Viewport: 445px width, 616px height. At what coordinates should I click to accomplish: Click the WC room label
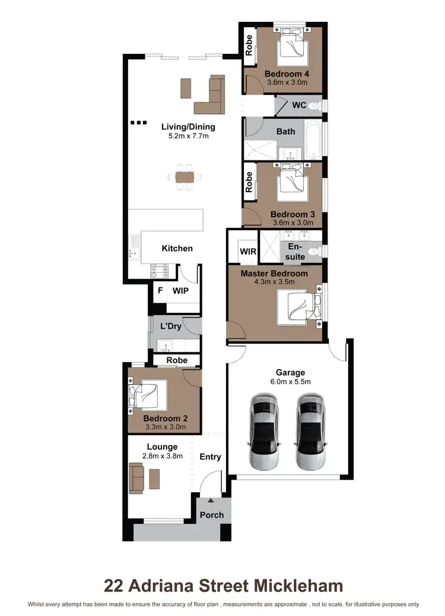300,105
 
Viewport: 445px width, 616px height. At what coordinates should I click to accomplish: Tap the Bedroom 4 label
287,74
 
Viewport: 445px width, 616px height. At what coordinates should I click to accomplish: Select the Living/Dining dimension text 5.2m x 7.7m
188,136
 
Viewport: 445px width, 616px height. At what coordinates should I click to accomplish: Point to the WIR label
248,252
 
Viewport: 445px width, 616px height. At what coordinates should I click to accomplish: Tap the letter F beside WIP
159,291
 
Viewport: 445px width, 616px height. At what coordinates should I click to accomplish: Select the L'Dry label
171,326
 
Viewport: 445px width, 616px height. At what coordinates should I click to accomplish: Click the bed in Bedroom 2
148,394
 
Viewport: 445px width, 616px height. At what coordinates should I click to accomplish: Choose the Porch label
212,515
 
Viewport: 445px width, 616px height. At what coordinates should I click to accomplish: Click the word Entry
210,456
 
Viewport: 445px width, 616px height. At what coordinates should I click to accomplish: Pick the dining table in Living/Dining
184,176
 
